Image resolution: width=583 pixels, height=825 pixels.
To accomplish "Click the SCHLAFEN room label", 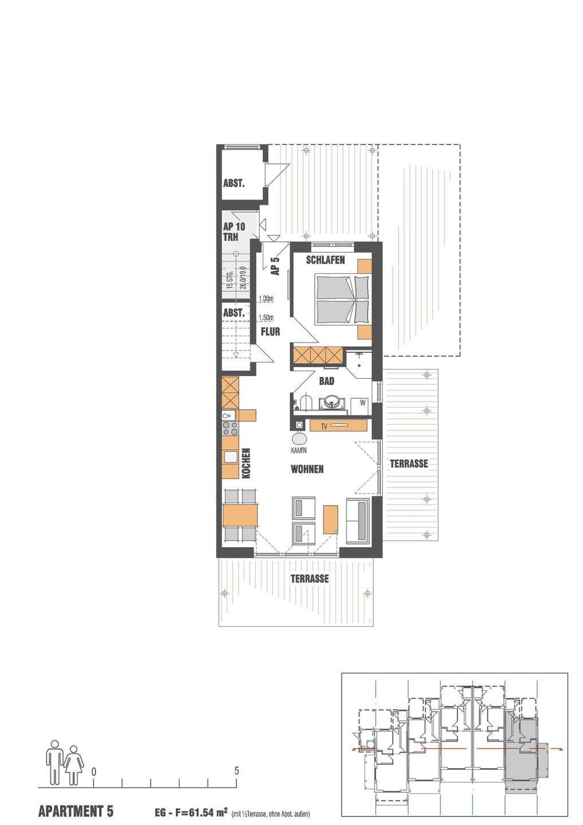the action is (325, 260).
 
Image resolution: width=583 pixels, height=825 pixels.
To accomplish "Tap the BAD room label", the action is (326, 381).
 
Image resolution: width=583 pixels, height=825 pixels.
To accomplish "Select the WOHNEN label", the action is (307, 469).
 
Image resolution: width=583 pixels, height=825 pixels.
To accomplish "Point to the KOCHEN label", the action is (246, 463).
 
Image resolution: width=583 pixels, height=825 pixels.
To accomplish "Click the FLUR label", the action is (270, 332).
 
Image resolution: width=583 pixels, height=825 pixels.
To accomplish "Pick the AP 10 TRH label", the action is (234, 231).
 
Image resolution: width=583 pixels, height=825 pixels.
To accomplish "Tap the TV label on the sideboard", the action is (324, 426).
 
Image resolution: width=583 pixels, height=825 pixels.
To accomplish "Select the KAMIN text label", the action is (298, 450).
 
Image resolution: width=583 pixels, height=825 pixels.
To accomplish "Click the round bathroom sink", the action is (332, 402).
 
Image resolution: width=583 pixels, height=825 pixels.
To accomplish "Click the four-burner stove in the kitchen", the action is (230, 428).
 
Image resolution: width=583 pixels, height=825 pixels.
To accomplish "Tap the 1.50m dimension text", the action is (266, 317).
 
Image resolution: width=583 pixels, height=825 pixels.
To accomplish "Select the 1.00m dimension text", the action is (266, 298).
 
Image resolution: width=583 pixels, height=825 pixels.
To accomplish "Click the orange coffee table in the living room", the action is (330, 519).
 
